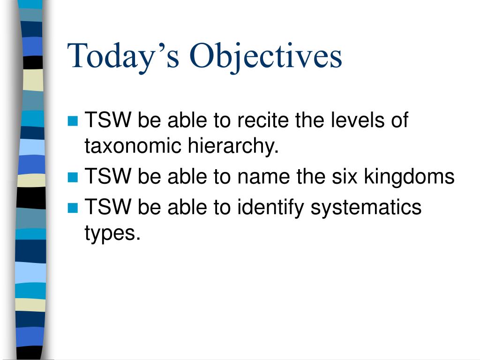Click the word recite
coord(263,121)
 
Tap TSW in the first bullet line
coord(108,121)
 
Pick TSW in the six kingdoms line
coord(108,177)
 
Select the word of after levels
coord(399,121)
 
